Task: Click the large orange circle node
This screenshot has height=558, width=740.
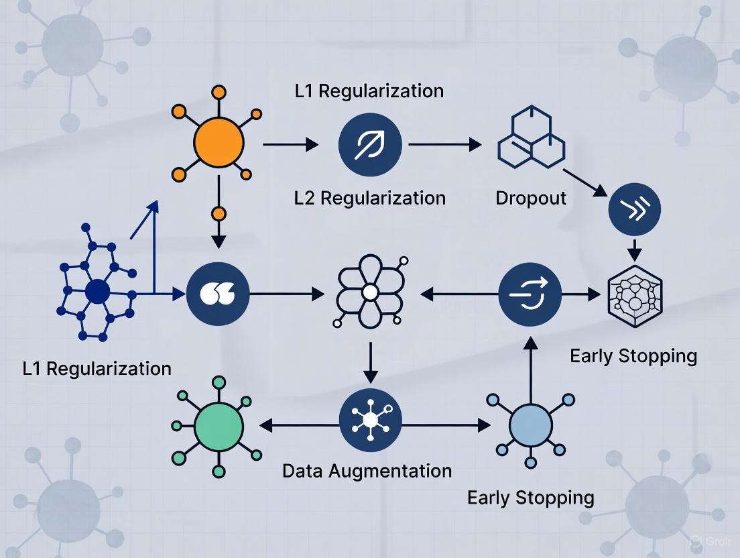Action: point(219,143)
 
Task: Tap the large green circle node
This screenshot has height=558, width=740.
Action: point(219,425)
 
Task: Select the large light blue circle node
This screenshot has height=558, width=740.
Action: point(530,425)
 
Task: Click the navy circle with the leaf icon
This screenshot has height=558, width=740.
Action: point(369,144)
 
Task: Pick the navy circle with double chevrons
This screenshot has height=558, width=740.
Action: point(634,209)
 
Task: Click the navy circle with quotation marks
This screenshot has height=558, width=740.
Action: point(219,293)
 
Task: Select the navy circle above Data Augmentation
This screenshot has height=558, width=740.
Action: point(370,421)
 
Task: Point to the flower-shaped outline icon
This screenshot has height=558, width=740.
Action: point(369,292)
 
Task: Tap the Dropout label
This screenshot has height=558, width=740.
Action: point(531,199)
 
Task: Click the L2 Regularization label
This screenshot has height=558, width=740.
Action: point(369,198)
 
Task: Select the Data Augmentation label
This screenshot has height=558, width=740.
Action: point(367,471)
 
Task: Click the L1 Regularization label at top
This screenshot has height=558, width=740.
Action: point(369,91)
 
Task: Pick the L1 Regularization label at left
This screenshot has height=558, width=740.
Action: point(97,368)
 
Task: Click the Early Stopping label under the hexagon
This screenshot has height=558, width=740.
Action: point(633,355)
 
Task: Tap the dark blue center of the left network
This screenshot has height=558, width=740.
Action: point(97,292)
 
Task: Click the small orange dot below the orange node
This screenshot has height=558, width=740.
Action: point(219,215)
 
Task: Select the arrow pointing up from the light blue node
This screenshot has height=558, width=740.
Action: point(530,362)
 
